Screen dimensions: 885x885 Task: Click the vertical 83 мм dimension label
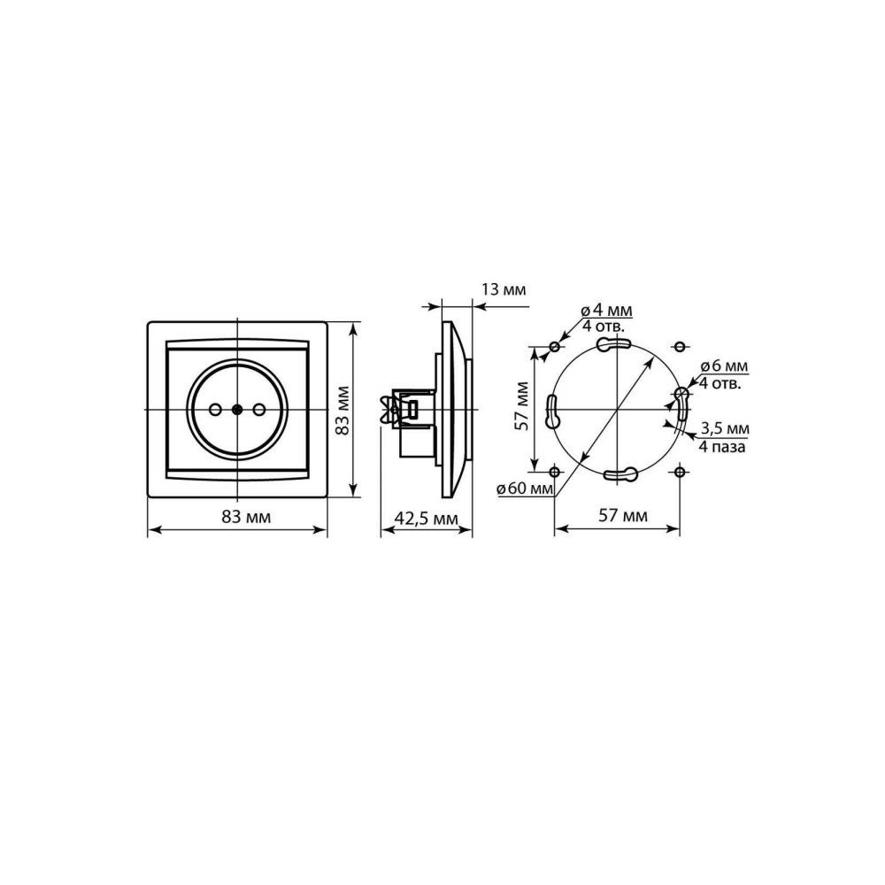342,411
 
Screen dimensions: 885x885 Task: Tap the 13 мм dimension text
504,290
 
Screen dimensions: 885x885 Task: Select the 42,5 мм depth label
426,518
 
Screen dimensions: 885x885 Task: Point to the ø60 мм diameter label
525,489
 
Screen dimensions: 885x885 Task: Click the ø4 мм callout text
606,311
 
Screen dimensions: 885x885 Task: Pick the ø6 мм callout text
724,366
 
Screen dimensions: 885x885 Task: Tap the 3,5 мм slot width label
725,428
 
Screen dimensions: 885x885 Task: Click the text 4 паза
722,447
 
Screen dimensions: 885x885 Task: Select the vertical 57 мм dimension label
522,406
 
